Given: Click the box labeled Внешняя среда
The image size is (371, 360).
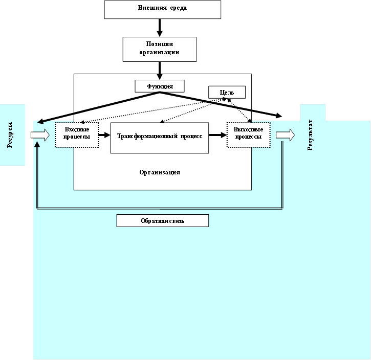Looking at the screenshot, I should pyautogui.click(x=162, y=9).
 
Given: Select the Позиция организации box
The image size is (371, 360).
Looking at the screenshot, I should pyautogui.click(x=160, y=49).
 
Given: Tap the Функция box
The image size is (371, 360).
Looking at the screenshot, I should pyautogui.click(x=159, y=86).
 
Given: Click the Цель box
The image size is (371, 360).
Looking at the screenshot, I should pyautogui.click(x=227, y=92).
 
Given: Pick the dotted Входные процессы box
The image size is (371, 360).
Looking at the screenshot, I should pyautogui.click(x=76, y=135).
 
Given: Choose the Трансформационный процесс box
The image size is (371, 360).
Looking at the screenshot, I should pyautogui.click(x=160, y=138).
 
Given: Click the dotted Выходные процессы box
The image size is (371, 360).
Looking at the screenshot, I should pyautogui.click(x=248, y=135).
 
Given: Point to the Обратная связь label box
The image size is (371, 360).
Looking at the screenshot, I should pyautogui.click(x=162, y=220).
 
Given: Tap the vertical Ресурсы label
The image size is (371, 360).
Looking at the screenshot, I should pyautogui.click(x=11, y=136).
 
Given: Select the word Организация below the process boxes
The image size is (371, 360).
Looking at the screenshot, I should pyautogui.click(x=160, y=172).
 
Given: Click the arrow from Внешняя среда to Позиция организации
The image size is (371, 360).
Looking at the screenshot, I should pyautogui.click(x=160, y=28).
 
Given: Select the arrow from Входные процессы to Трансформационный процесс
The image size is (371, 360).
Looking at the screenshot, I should pyautogui.click(x=104, y=135).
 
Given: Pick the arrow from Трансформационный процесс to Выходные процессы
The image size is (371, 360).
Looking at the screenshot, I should pyautogui.click(x=217, y=135).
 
